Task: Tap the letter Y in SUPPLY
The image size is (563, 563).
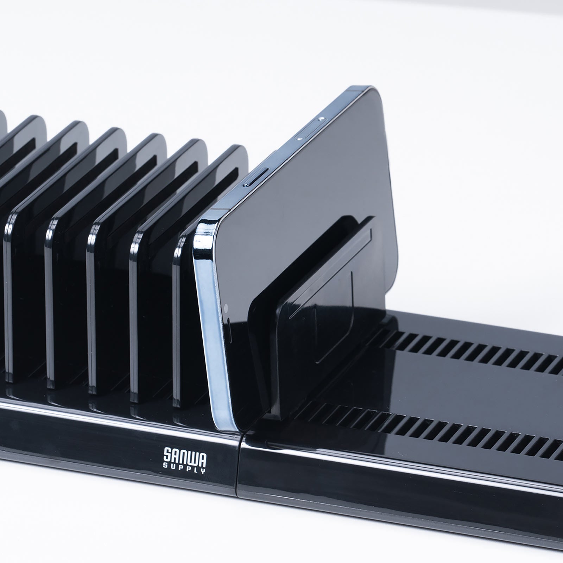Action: [x=203, y=472]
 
